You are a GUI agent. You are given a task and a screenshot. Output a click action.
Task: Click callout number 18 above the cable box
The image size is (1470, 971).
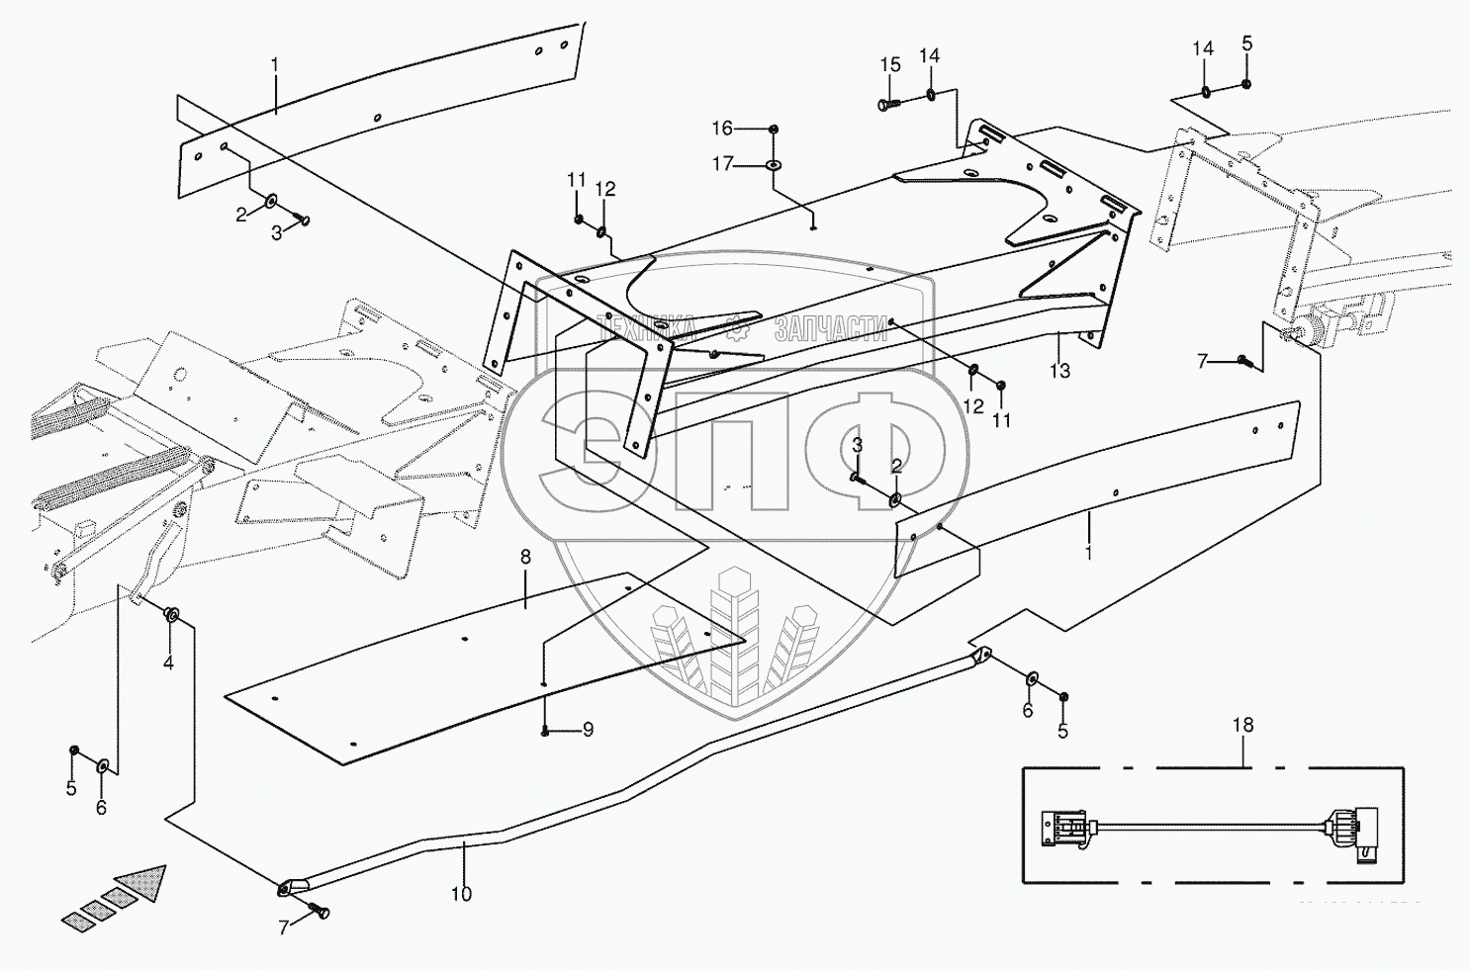1242,725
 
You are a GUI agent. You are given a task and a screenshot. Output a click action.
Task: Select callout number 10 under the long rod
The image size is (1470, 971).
461,894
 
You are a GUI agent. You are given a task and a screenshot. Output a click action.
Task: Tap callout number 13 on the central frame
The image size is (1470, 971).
1059,371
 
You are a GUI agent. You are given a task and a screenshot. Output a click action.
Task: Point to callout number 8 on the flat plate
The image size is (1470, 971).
525,558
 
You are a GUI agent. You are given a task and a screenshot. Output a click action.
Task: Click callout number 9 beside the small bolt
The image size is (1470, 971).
588,730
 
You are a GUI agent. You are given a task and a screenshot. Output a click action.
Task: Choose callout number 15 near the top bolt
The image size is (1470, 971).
890,65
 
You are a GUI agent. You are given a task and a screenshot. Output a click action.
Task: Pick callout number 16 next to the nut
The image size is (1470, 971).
723,128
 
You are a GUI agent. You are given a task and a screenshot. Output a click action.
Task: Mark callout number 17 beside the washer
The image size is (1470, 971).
723,163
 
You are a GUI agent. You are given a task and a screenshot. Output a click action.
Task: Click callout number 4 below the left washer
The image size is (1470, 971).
168,662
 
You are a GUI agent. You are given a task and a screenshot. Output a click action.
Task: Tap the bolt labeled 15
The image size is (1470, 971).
886,102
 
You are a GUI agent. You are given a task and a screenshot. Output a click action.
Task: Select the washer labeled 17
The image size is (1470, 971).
773,162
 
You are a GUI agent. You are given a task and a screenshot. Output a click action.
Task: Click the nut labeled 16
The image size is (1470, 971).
774,129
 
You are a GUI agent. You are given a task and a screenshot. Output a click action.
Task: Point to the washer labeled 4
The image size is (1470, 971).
171,616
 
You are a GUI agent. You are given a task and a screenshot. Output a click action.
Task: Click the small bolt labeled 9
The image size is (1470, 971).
545,732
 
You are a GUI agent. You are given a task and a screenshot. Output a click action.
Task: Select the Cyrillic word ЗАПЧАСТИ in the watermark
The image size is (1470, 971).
831,328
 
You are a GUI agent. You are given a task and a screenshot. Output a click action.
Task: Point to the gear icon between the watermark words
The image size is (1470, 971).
737,327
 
